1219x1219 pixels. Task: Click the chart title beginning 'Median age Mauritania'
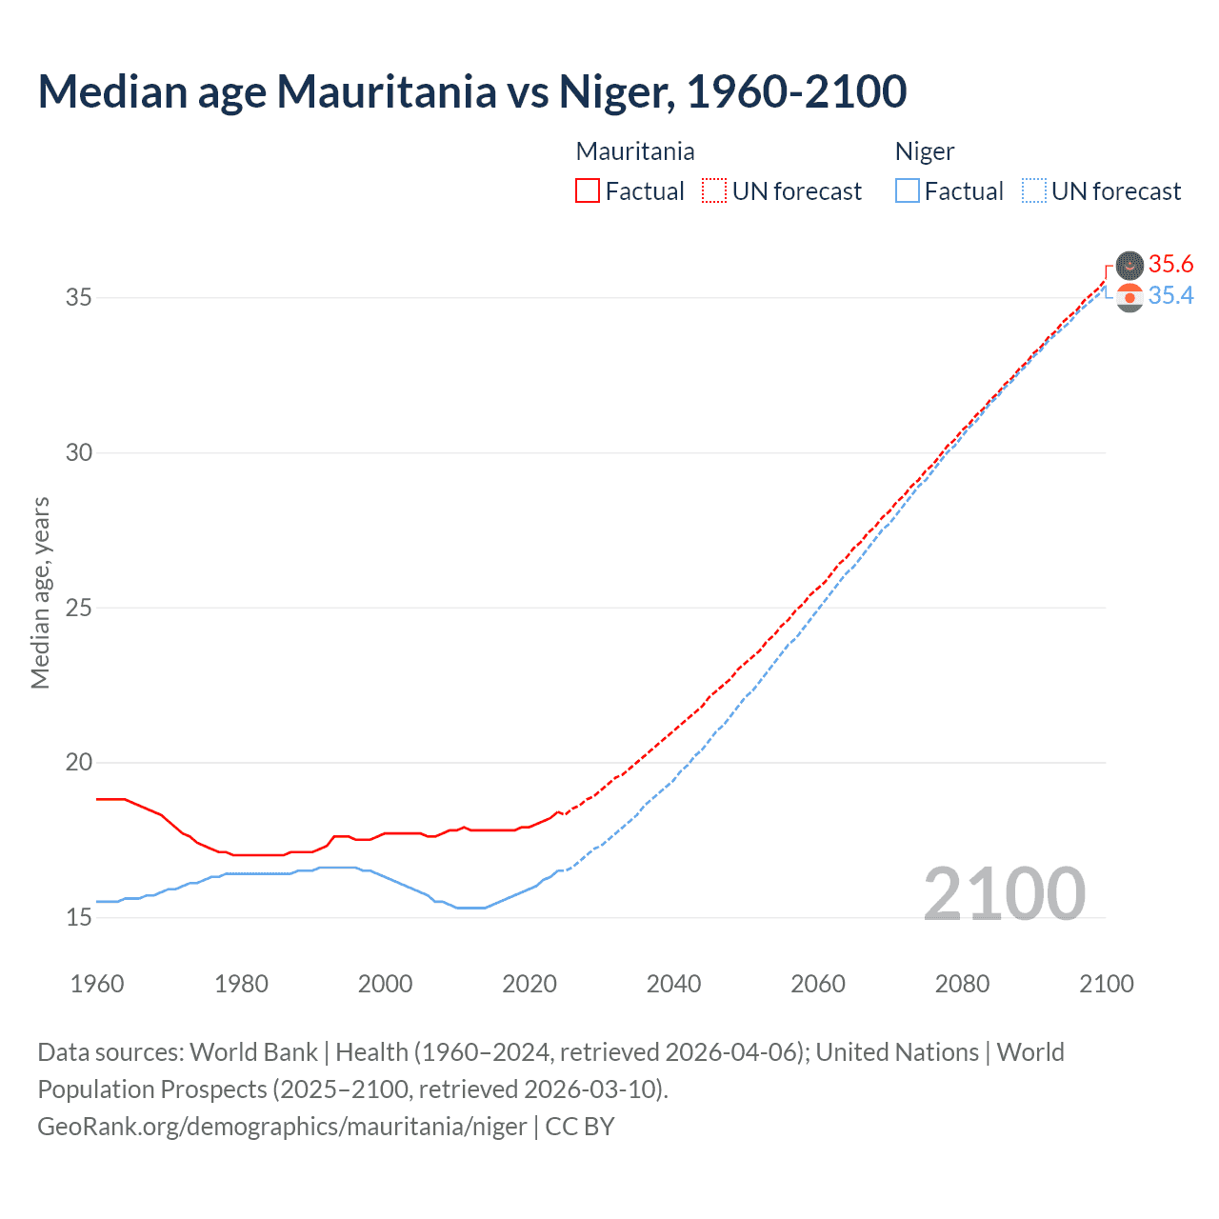click(x=471, y=91)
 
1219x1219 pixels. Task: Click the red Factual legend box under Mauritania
click(x=588, y=190)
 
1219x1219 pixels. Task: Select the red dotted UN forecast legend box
click(x=714, y=190)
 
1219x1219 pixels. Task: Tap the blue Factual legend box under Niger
click(x=907, y=190)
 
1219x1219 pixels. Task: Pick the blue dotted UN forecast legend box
click(x=1033, y=190)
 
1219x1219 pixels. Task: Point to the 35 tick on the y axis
click(x=79, y=297)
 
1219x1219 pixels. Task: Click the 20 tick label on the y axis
click(x=79, y=762)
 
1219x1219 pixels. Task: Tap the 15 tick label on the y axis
click(x=79, y=917)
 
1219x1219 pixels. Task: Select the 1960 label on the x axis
click(x=97, y=984)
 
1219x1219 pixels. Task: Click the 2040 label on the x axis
click(x=673, y=984)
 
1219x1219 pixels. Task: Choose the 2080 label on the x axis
click(x=962, y=984)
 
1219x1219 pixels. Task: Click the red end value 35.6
click(x=1170, y=264)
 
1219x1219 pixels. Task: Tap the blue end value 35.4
click(x=1170, y=296)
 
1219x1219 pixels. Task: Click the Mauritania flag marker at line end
click(x=1129, y=265)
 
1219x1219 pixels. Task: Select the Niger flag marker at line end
click(x=1129, y=298)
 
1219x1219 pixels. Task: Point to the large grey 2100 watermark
click(x=1004, y=893)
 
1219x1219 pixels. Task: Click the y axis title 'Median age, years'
click(x=40, y=592)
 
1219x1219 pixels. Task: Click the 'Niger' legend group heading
click(x=924, y=151)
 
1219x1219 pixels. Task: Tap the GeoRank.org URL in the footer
click(x=282, y=1127)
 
